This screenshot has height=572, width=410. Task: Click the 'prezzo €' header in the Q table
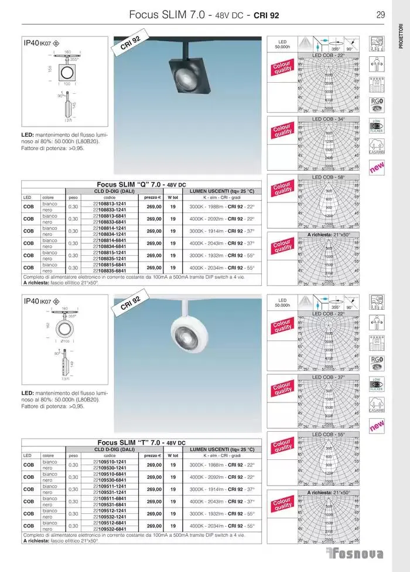click(152, 197)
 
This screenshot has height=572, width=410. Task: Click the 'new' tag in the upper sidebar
click(376, 169)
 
